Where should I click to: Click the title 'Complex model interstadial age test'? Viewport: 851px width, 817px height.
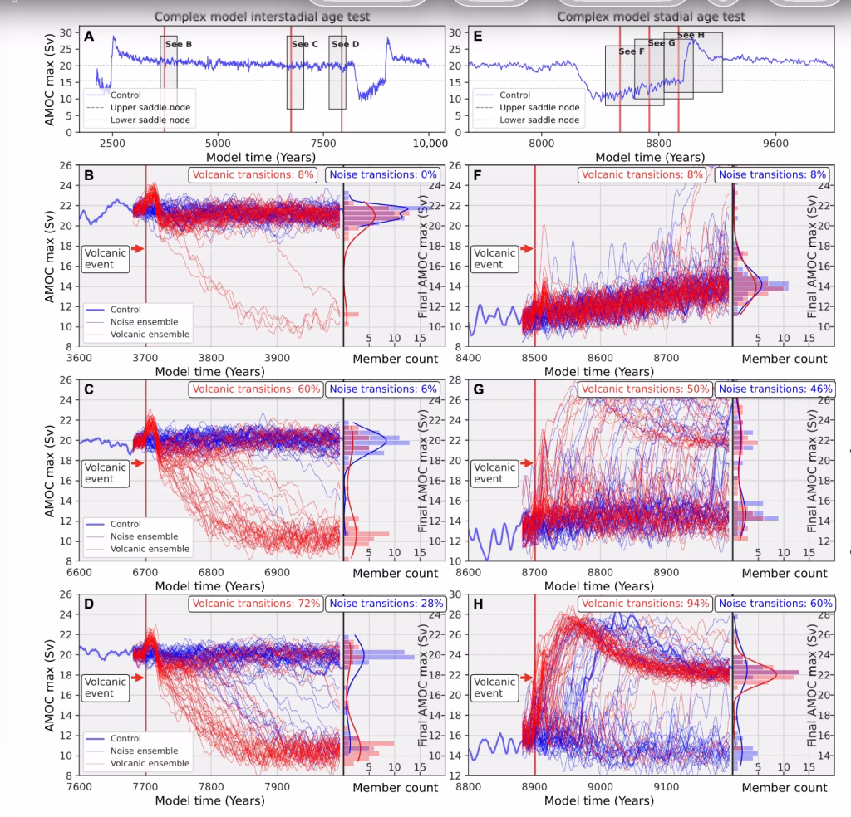(x=262, y=17)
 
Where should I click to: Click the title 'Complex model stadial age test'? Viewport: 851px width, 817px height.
(x=651, y=17)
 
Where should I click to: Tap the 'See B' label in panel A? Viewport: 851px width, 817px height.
(x=176, y=43)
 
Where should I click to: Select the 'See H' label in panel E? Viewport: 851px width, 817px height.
(x=691, y=35)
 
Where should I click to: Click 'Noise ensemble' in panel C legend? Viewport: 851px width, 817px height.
(x=143, y=536)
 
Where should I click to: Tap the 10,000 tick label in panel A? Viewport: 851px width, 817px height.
(x=429, y=142)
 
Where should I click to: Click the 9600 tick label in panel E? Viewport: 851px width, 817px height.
(x=775, y=142)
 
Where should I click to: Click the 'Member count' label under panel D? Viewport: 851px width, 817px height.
(x=395, y=787)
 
